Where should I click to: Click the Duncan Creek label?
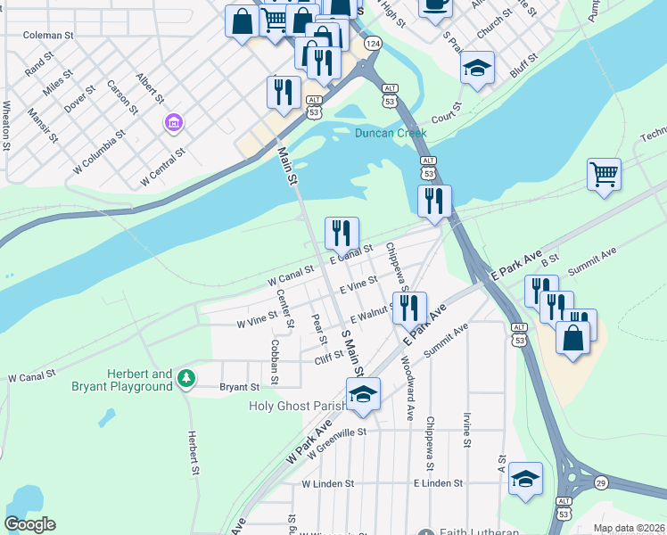[x=391, y=133]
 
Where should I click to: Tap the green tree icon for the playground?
[x=185, y=379]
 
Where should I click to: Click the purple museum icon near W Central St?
[x=173, y=121]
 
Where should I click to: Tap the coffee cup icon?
[x=434, y=4]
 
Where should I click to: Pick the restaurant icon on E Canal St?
[x=342, y=234]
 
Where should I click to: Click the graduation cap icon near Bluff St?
[x=477, y=69]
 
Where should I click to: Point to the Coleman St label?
[x=47, y=35]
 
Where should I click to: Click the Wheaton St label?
[x=7, y=118]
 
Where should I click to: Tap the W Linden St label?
[x=327, y=483]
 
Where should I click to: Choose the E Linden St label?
[x=438, y=482]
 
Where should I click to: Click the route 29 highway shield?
[x=601, y=482]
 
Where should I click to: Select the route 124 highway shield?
[x=373, y=44]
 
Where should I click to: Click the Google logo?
[x=29, y=523]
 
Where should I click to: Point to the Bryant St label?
[x=239, y=387]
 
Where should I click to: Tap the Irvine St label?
[x=466, y=430]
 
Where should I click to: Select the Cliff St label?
[x=329, y=357]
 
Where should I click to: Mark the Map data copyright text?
[x=629, y=528]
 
